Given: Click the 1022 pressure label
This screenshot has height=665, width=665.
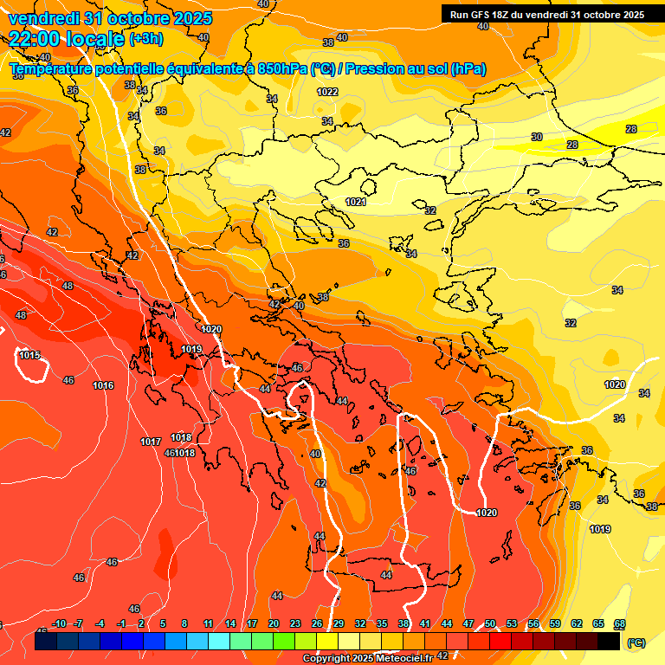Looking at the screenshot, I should pyautogui.click(x=327, y=92).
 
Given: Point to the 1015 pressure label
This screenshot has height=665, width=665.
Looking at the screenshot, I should pyautogui.click(x=29, y=355).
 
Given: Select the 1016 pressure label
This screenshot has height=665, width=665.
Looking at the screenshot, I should pyautogui.click(x=103, y=385).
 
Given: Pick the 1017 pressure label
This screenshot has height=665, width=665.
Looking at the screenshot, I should pyautogui.click(x=151, y=442).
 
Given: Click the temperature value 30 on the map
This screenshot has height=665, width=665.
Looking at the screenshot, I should pyautogui.click(x=537, y=137).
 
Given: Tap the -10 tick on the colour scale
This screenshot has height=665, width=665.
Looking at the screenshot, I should pyautogui.click(x=59, y=624).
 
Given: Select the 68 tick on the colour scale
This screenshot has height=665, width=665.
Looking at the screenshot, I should pyautogui.click(x=620, y=624).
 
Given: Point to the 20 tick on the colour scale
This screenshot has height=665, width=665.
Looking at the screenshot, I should pyautogui.click(x=274, y=624).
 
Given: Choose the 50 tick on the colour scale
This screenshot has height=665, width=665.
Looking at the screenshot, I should pyautogui.click(x=490, y=624).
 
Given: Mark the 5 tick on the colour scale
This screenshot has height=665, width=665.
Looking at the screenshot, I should pyautogui.click(x=163, y=624).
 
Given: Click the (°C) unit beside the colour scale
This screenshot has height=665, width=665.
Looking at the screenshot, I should pyautogui.click(x=636, y=642).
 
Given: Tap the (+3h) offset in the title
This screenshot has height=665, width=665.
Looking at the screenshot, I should pyautogui.click(x=145, y=39).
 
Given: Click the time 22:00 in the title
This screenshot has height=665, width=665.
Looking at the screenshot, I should pyautogui.click(x=37, y=38).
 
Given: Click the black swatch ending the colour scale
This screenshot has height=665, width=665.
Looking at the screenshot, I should pyautogui.click(x=609, y=642).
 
